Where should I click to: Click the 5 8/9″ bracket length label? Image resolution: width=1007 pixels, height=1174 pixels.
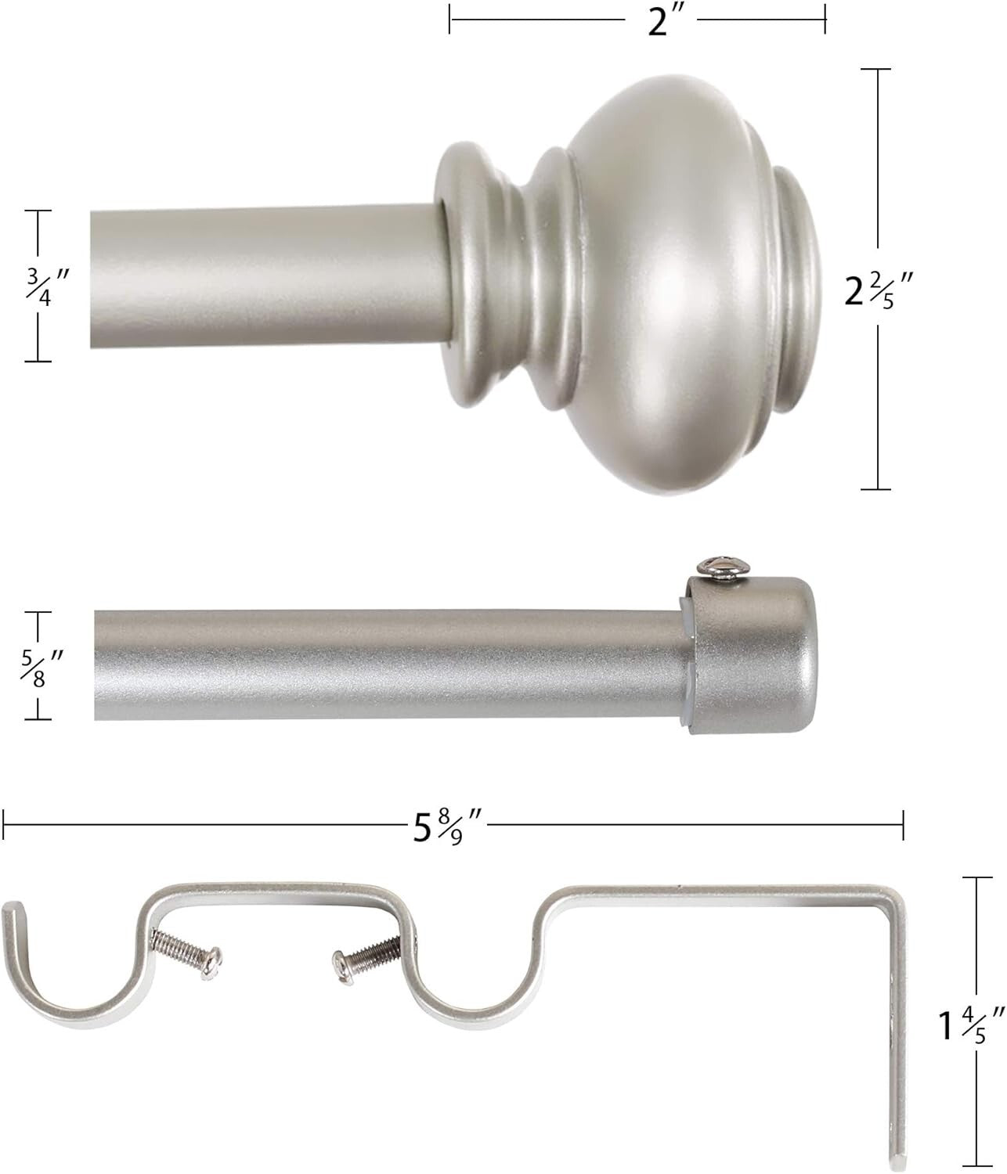pos(447,826)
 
